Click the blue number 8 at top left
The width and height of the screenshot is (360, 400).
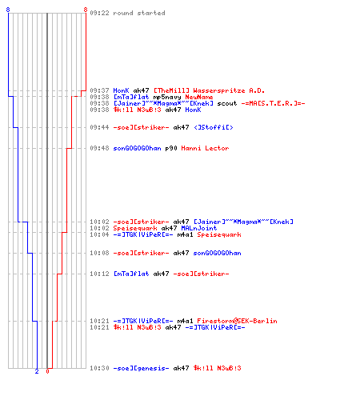click(8, 10)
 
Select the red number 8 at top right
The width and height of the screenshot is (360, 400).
click(86, 10)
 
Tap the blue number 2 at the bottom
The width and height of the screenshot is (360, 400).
click(37, 371)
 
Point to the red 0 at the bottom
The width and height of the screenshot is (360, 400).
click(47, 371)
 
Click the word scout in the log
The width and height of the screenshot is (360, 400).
click(227, 103)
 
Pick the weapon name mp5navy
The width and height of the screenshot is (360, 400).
click(167, 98)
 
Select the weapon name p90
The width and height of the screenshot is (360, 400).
click(171, 148)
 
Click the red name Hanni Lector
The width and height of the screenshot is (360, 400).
click(205, 148)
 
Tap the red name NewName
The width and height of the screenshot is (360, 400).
click(199, 97)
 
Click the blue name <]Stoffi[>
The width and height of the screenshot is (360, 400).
click(214, 127)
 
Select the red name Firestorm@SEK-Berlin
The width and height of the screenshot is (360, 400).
click(237, 321)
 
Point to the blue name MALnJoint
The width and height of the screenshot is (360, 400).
click(199, 228)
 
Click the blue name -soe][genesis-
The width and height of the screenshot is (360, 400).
click(141, 368)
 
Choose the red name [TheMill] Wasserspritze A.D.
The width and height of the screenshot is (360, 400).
click(209, 90)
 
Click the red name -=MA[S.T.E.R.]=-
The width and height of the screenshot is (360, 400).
click(273, 103)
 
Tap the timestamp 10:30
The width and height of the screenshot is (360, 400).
click(99, 368)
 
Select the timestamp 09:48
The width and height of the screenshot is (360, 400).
click(99, 148)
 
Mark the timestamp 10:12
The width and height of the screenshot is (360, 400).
click(99, 274)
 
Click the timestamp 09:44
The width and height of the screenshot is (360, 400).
click(99, 127)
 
